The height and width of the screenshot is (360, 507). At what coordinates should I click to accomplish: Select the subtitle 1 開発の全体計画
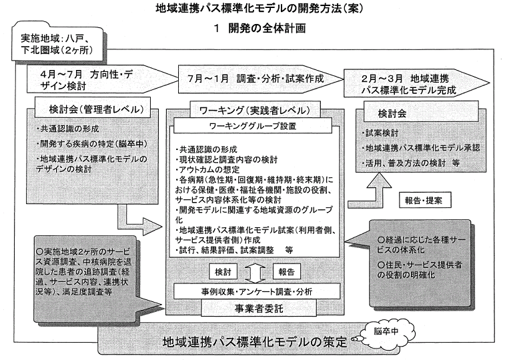253,29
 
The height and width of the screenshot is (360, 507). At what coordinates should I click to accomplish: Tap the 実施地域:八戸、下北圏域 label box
49,43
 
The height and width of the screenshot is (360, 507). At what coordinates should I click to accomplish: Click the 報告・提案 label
424,201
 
